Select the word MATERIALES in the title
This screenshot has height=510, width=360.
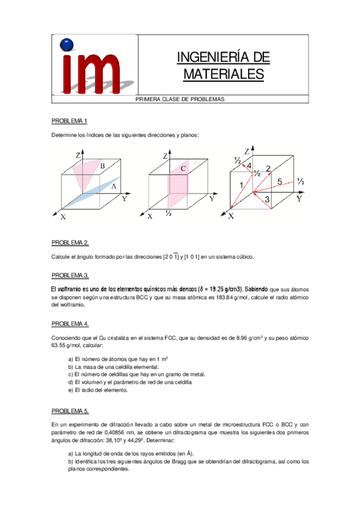point(223,74)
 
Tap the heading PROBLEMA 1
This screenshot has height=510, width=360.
point(69,120)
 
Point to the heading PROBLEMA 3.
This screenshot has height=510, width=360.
point(70,275)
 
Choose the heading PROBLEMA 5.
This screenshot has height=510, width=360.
point(70,411)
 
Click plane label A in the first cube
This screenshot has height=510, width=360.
point(113,187)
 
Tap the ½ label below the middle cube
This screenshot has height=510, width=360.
point(169,214)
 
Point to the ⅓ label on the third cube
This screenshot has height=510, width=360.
point(301,182)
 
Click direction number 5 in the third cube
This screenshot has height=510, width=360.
point(279,180)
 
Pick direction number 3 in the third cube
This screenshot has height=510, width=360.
point(267,199)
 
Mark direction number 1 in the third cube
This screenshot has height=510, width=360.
point(242,185)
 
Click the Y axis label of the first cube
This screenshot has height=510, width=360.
point(124,198)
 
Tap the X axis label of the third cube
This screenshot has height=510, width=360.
point(231,217)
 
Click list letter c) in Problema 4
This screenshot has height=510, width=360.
point(70,374)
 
